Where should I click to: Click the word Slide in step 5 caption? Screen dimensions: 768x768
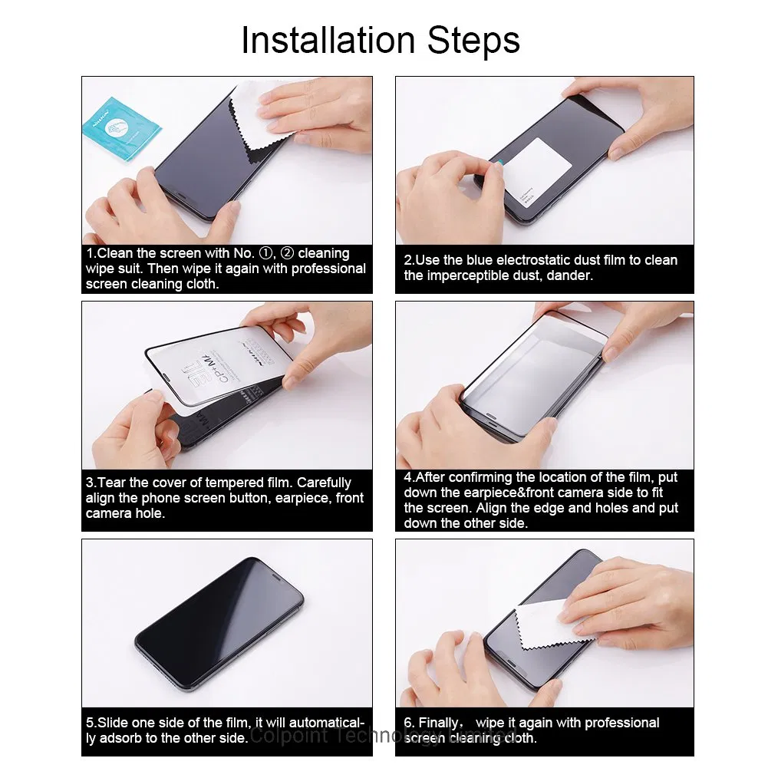(113, 723)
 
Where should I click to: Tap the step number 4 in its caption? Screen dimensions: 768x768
(408, 477)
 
